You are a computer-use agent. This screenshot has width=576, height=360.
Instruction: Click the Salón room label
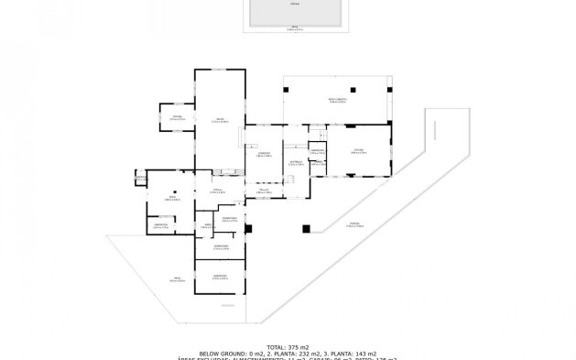221,119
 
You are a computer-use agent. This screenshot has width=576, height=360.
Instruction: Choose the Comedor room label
263,154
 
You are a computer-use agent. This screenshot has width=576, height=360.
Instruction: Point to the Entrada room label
296,163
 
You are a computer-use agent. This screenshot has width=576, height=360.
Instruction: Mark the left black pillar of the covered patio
288,88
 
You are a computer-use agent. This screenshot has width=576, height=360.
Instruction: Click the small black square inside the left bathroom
183,196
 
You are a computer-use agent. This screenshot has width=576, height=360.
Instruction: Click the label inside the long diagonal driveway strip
353,224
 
